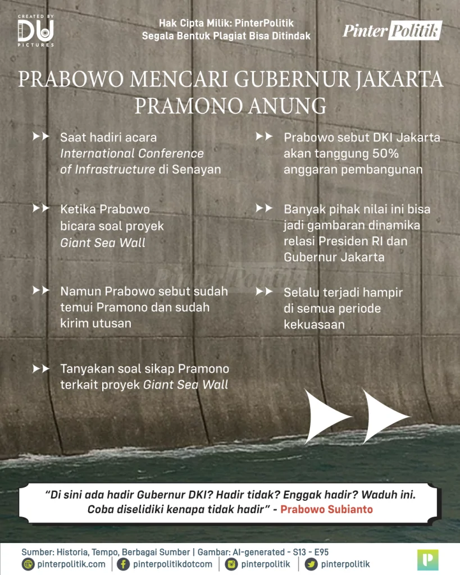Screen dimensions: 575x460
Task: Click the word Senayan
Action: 197,169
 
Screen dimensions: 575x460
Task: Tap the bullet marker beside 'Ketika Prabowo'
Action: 41,208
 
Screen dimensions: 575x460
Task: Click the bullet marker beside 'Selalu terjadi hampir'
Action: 265,292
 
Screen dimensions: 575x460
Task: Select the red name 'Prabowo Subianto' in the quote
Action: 326,509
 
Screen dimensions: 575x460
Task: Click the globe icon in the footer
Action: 28,564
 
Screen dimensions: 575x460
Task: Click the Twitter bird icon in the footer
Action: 311,564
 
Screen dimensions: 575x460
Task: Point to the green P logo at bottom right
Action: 428,559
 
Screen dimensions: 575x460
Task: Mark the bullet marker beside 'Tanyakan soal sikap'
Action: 41,368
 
